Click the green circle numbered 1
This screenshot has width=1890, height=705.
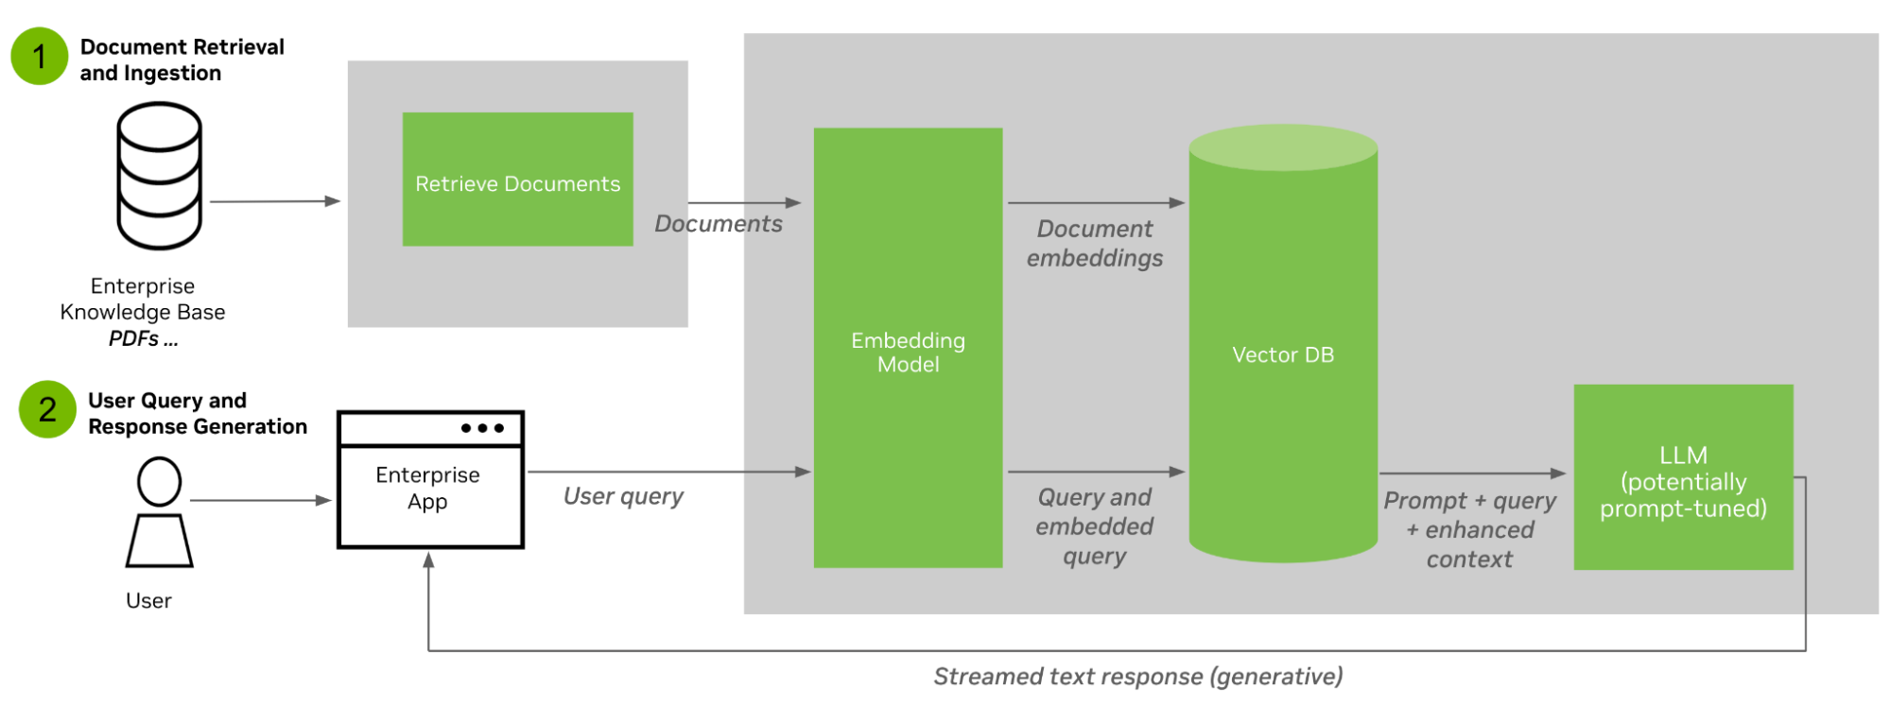39,57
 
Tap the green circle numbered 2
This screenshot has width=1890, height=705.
47,409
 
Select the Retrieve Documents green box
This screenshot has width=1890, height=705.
517,180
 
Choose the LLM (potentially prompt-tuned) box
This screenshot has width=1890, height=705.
1683,477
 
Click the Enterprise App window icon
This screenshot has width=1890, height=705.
430,480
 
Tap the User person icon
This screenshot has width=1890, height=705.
159,512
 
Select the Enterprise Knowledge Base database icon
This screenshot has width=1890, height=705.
159,176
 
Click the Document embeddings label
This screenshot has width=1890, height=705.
1095,243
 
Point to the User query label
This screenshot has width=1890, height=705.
623,496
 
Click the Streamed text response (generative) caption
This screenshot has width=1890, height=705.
1137,677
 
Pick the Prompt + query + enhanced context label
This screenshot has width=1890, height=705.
1469,529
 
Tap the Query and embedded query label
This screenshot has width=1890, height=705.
1094,525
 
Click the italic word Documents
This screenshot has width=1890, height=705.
719,224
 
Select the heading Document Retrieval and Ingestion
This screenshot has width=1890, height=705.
182,60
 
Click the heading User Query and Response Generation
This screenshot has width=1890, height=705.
197,413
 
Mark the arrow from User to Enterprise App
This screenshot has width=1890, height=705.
260,500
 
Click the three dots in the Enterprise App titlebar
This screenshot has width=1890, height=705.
482,428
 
